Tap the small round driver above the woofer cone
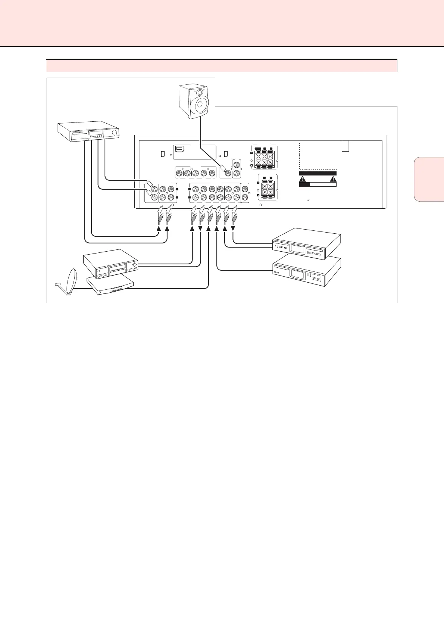200,92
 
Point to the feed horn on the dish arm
58,285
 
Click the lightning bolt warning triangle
303,178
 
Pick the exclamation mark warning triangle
333,178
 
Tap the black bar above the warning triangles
318,173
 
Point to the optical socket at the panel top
179,149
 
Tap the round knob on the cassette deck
134,266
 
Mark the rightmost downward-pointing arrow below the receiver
233,228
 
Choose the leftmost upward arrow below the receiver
159,228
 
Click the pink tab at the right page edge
429,179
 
